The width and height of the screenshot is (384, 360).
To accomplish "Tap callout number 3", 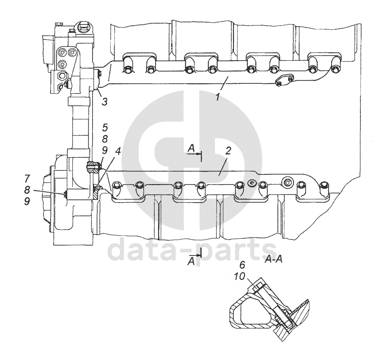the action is [105, 101].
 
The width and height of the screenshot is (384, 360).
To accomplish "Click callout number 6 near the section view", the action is [241, 265].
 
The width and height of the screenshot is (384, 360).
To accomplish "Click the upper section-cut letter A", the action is [191, 147].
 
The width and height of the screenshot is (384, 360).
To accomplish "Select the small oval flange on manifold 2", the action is [251, 182].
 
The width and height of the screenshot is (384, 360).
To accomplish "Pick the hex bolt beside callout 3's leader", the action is [98, 73].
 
